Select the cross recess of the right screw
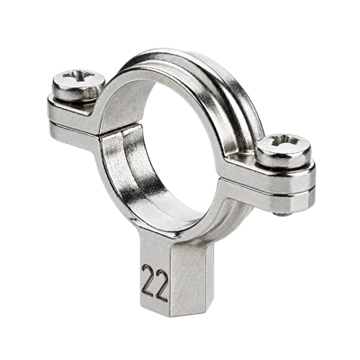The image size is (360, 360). click(284, 141)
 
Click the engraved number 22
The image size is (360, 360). click(155, 283)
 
